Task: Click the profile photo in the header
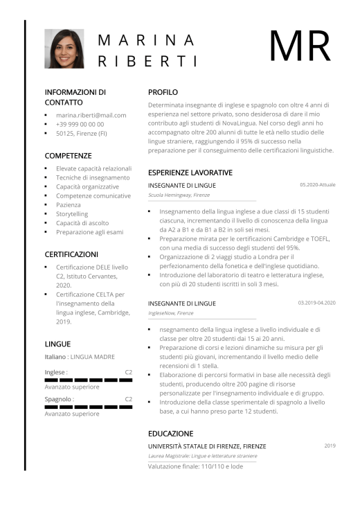pyautogui.click(x=64, y=49)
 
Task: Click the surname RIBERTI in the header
pyautogui.click(x=147, y=61)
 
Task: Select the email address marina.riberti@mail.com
pyautogui.click(x=91, y=115)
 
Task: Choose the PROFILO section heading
pyautogui.click(x=163, y=91)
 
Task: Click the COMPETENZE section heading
pyautogui.click(x=68, y=156)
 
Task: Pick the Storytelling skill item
pyautogui.click(x=72, y=214)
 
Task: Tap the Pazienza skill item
pyautogui.click(x=69, y=205)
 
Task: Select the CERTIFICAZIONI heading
pyautogui.click(x=71, y=254)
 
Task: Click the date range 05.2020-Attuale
pyautogui.click(x=317, y=185)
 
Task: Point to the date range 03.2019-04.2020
pyautogui.click(x=316, y=303)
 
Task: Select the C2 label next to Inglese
pyautogui.click(x=128, y=372)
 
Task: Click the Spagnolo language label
pyautogui.click(x=59, y=399)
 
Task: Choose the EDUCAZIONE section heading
pyautogui.click(x=170, y=433)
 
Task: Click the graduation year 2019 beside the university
pyautogui.click(x=330, y=446)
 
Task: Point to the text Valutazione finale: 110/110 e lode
pyautogui.click(x=195, y=466)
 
